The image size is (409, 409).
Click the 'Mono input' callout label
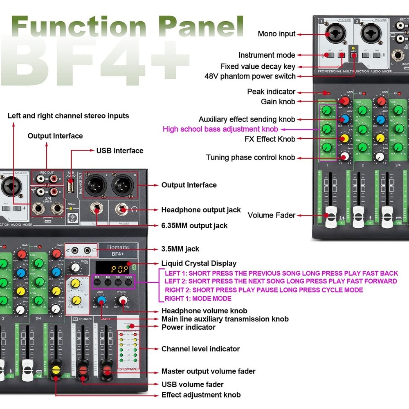pyautogui.click(x=276, y=34)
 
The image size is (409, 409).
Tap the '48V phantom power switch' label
pyautogui.click(x=250, y=76)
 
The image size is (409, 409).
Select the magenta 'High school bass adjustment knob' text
pyautogui.click(x=220, y=129)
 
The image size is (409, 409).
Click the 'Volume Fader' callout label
pyautogui.click(x=272, y=215)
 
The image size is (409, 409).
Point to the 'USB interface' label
pyautogui.click(x=120, y=151)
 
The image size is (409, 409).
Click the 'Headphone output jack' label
pyautogui.click(x=201, y=210)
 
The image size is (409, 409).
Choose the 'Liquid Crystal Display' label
pyautogui.click(x=199, y=263)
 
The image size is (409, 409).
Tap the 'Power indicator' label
pyautogui.click(x=188, y=327)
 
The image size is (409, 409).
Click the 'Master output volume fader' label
pyautogui.click(x=208, y=371)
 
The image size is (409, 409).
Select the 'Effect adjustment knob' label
pyautogui.click(x=201, y=395)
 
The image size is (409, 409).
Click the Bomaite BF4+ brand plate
pyautogui.click(x=117, y=250)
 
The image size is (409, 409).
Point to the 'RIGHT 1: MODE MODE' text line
pyautogui.click(x=198, y=299)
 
